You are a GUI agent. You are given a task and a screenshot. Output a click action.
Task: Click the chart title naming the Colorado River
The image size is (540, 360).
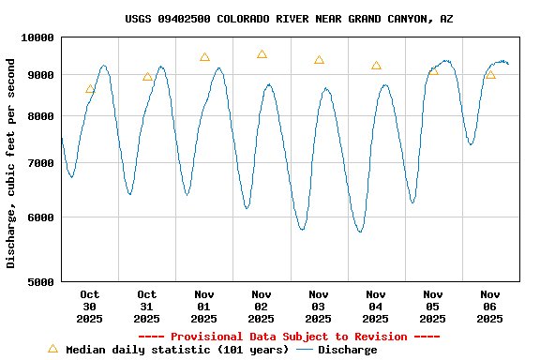click(x=289, y=19)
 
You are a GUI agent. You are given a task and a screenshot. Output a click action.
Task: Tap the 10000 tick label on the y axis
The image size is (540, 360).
click(x=37, y=37)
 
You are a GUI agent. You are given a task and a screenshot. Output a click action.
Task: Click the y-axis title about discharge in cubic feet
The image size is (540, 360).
click(x=11, y=163)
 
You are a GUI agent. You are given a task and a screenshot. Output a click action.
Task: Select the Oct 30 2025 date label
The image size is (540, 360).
click(x=90, y=307)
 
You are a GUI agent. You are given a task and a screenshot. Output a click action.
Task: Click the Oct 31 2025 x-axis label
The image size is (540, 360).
click(x=147, y=307)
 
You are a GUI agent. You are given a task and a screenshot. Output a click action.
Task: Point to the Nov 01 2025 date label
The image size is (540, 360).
click(x=204, y=307)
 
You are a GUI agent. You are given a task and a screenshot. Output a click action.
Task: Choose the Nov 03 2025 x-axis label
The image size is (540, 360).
click(x=319, y=307)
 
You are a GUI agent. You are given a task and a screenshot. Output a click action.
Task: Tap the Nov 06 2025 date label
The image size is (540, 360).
click(x=490, y=307)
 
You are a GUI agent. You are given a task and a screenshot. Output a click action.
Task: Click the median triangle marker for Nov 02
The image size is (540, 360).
click(x=262, y=54)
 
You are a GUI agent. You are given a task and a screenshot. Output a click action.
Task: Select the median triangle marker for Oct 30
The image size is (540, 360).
click(x=90, y=89)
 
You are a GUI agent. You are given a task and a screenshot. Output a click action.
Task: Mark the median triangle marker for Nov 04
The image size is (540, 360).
click(x=376, y=66)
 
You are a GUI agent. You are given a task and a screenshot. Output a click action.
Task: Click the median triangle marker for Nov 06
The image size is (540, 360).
click(x=490, y=74)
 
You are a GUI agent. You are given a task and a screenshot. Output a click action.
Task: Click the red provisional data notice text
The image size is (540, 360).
click(x=289, y=337)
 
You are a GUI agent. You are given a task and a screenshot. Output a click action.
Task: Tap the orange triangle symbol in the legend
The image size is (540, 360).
click(x=52, y=349)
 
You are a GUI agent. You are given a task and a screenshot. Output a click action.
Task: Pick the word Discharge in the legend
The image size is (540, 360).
click(x=347, y=350)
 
